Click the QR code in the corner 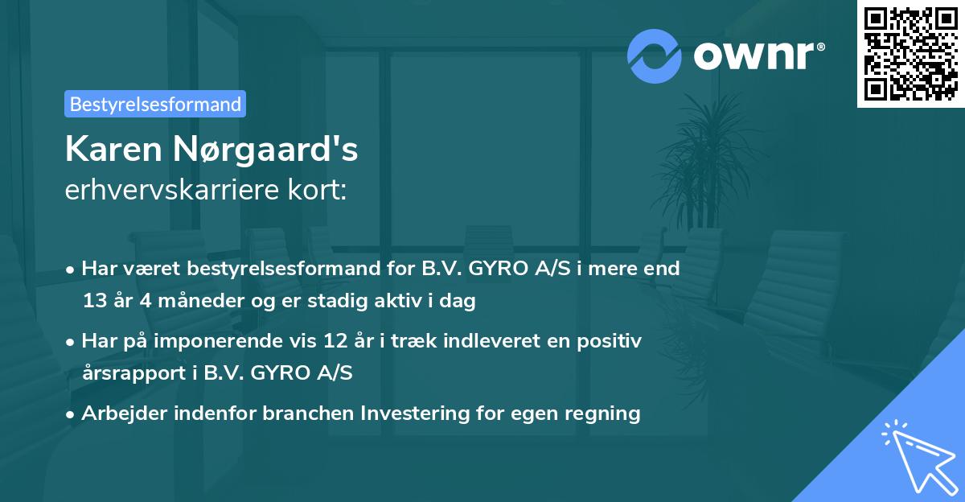[911, 53]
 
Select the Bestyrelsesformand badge [155, 104]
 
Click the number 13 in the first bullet [94, 301]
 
